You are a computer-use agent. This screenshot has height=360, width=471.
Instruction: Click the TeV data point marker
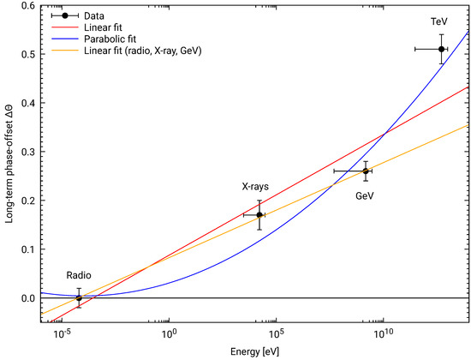441,49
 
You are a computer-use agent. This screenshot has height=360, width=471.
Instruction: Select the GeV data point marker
366,171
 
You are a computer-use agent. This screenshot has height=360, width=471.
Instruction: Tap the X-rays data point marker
259,215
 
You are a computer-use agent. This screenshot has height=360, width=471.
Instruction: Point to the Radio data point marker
79,298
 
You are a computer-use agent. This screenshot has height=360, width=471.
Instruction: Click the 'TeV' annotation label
438,21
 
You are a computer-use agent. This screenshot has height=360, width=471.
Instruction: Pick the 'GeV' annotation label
365,196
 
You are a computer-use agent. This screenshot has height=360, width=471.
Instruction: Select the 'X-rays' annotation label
255,187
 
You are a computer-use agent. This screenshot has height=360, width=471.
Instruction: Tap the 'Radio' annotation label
79,275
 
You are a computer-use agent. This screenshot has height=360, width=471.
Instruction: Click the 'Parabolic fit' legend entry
110,39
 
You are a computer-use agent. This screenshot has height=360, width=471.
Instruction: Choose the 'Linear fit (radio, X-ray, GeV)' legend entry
143,51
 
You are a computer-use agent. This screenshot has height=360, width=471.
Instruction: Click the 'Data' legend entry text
94,16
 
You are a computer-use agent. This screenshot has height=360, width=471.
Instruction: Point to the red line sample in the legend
65,27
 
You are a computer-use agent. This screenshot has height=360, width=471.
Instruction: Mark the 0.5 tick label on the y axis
29,54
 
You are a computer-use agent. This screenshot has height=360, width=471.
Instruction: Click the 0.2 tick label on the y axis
29,201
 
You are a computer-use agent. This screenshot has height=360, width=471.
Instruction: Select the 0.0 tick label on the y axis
29,298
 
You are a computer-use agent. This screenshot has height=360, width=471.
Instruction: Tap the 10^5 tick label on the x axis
277,333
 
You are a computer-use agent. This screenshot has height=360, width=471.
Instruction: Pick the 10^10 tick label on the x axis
384,333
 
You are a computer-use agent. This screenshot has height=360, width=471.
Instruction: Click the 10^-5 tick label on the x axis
63,333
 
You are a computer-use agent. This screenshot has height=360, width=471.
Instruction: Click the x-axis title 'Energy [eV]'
254,351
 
